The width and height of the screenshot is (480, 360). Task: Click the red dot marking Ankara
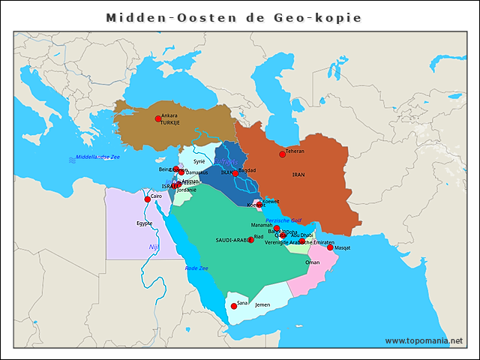pyautogui.click(x=158, y=118)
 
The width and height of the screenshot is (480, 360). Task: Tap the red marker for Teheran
pyautogui.click(x=283, y=154)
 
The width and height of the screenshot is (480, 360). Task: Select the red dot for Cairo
pyautogui.click(x=148, y=199)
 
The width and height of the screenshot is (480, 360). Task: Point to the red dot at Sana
pyautogui.click(x=233, y=306)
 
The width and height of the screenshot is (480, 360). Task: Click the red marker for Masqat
pyautogui.click(x=330, y=247)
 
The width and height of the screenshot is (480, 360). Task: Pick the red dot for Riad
pyautogui.click(x=250, y=240)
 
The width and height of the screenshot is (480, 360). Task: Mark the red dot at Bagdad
pyautogui.click(x=235, y=173)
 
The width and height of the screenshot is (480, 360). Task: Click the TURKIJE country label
pyautogui.click(x=170, y=123)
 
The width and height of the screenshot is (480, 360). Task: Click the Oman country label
pyautogui.click(x=313, y=262)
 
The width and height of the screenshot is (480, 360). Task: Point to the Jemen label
pyautogui.click(x=262, y=305)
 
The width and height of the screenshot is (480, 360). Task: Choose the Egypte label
pyautogui.click(x=145, y=223)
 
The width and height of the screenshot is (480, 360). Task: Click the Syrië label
pyautogui.click(x=199, y=161)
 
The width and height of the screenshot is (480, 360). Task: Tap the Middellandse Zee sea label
pyautogui.click(x=93, y=157)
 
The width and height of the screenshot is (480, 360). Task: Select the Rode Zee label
pyautogui.click(x=196, y=268)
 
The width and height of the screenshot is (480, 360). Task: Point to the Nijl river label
pyautogui.click(x=154, y=246)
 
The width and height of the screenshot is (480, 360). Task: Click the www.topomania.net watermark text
pyautogui.click(x=424, y=340)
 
